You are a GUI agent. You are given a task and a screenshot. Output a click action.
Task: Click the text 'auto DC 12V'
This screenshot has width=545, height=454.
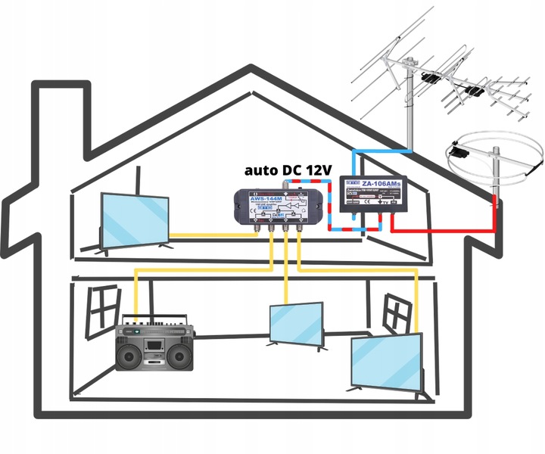(x=288, y=171)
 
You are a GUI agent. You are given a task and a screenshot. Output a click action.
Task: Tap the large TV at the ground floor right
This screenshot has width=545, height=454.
(x=387, y=362)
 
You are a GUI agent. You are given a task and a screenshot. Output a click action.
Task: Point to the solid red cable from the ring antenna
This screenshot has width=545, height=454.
(x=454, y=231)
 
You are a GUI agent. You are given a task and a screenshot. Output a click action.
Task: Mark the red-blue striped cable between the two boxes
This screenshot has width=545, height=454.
(x=330, y=204)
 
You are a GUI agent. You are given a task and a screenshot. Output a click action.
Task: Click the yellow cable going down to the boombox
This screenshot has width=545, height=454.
(x=136, y=295)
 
